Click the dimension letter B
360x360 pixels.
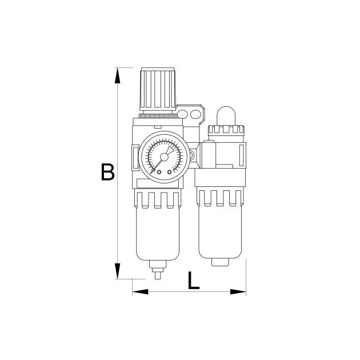pyautogui.click(x=107, y=172)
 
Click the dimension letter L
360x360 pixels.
pyautogui.click(x=193, y=281)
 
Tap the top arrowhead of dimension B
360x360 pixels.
pyautogui.click(x=117, y=75)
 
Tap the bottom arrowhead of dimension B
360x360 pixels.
pyautogui.click(x=117, y=271)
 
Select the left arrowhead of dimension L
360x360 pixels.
pyautogui.click(x=140, y=292)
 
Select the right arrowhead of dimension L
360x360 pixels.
pyautogui.click(x=238, y=292)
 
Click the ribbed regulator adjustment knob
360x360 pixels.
pyautogui.click(x=158, y=88)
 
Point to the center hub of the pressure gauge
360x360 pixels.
pyautogui.click(x=164, y=157)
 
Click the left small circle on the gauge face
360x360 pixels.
pyautogui.click(x=159, y=172)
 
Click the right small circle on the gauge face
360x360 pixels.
pyautogui.click(x=170, y=172)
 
